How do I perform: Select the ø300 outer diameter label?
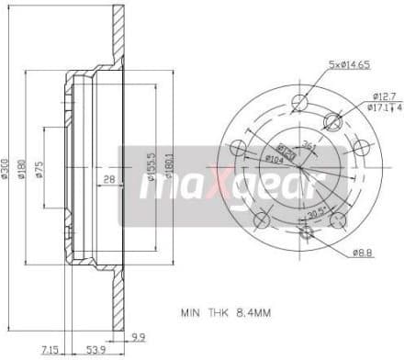tap(6, 174)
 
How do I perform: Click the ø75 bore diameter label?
tap(39, 174)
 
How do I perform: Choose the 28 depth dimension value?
tap(109, 179)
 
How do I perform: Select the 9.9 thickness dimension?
tap(137, 336)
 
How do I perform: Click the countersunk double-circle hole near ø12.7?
tap(334, 122)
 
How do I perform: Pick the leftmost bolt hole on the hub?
tap(238, 147)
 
